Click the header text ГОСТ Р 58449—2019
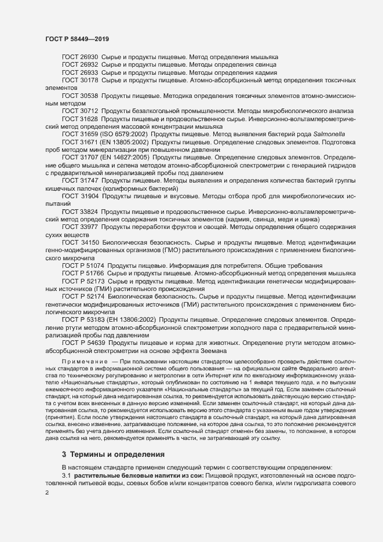point(77,39)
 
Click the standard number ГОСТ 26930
point(80,57)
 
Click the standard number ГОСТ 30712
point(80,110)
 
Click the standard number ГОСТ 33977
point(80,227)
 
